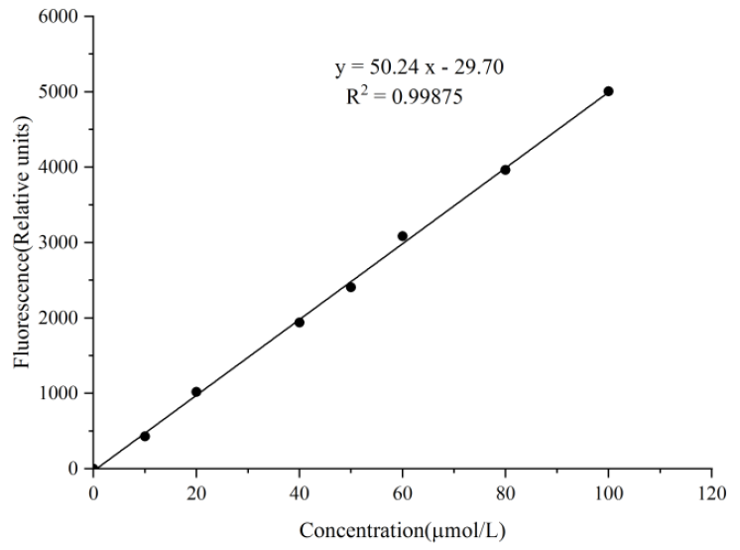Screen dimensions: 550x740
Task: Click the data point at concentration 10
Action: click(145, 436)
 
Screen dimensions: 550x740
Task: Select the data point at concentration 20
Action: click(196, 392)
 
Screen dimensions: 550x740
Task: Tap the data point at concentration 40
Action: click(300, 322)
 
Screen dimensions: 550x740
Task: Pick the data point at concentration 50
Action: click(351, 287)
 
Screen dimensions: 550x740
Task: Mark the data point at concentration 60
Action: click(403, 236)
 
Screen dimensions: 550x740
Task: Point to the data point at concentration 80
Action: click(505, 170)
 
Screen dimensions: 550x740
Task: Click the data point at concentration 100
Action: click(608, 91)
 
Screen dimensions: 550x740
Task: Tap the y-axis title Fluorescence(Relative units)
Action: click(22, 242)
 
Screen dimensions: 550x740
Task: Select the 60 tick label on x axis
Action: click(403, 489)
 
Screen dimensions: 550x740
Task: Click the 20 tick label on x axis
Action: click(196, 489)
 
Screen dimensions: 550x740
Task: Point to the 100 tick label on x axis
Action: click(608, 489)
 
